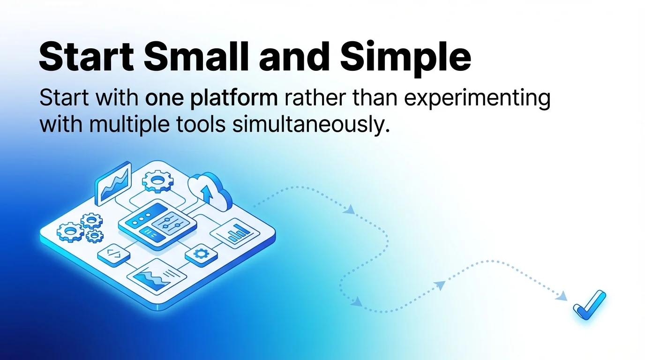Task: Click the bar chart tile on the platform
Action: [x=235, y=232]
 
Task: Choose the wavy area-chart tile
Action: [x=156, y=276]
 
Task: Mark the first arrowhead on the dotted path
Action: [x=349, y=210]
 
